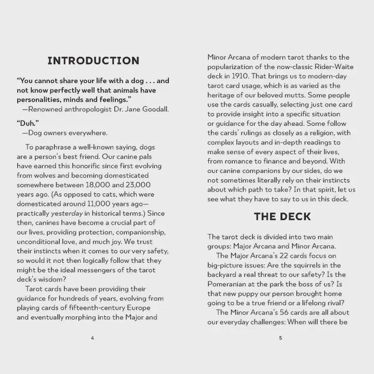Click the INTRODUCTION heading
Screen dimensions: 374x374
click(x=94, y=61)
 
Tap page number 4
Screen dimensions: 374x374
click(x=92, y=338)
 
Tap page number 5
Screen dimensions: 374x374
click(x=280, y=338)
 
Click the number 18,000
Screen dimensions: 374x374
click(x=100, y=185)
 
